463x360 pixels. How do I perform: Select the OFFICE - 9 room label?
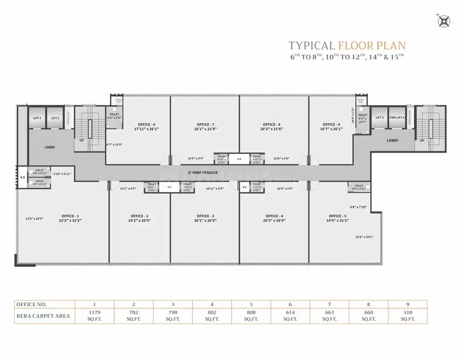[x=331, y=125]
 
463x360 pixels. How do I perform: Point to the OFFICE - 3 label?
[x=206, y=215]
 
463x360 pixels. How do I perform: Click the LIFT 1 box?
[x=37, y=118]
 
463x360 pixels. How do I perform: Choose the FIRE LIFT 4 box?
[x=397, y=118]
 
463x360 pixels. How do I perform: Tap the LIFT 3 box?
[x=379, y=118]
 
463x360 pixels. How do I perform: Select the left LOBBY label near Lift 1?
[x=50, y=147]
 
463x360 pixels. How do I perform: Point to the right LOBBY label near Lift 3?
[x=393, y=140]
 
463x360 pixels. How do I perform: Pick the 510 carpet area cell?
[x=408, y=315]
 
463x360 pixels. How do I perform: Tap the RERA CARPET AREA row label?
[x=43, y=315]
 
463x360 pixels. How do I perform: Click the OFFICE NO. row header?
[x=32, y=304]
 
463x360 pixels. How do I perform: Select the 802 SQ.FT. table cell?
[x=211, y=315]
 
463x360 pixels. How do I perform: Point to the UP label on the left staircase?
[x=82, y=140]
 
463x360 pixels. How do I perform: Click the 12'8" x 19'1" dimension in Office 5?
[x=364, y=237]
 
